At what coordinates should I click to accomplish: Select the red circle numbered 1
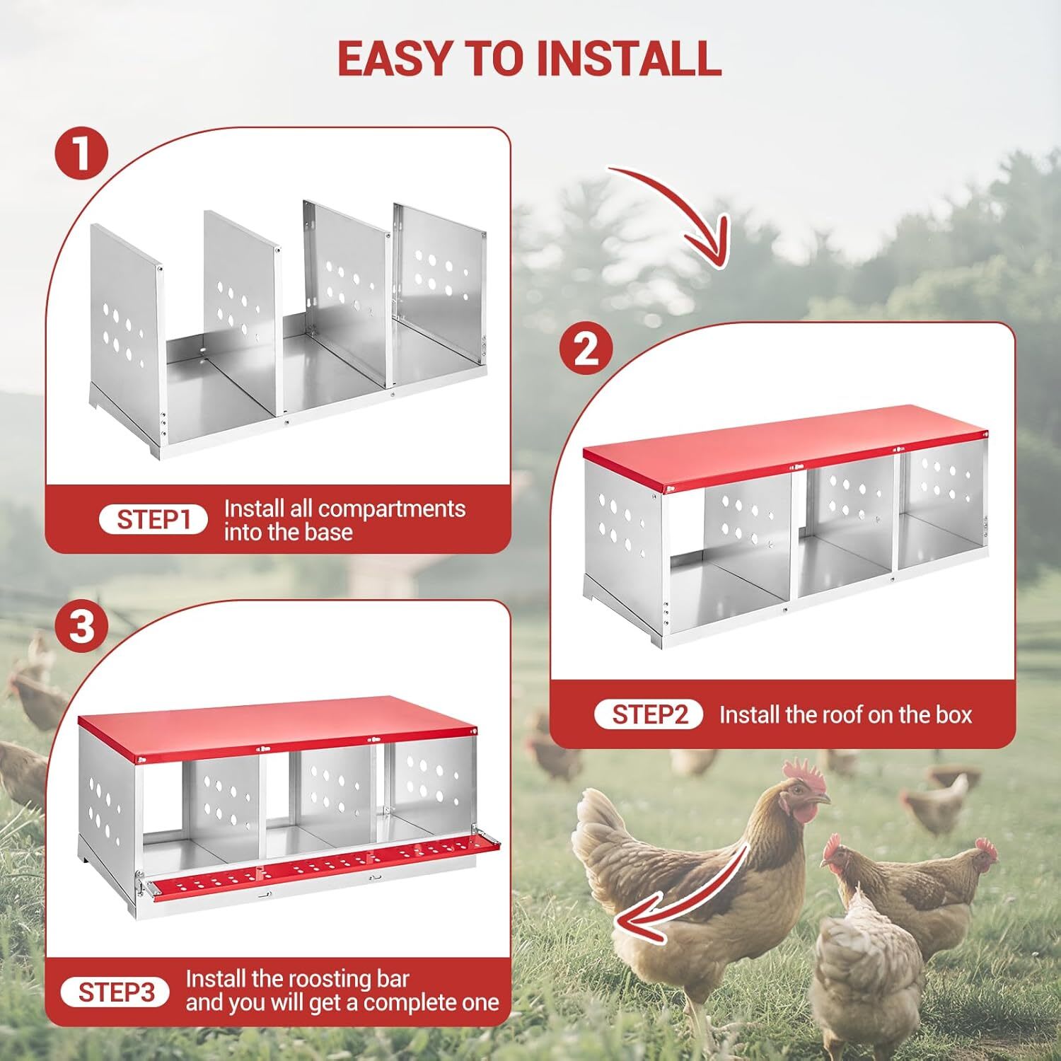click(82, 153)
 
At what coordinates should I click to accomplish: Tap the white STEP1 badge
click(153, 520)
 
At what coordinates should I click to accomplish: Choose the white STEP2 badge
click(649, 714)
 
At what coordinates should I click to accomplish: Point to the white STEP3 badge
click(115, 992)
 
